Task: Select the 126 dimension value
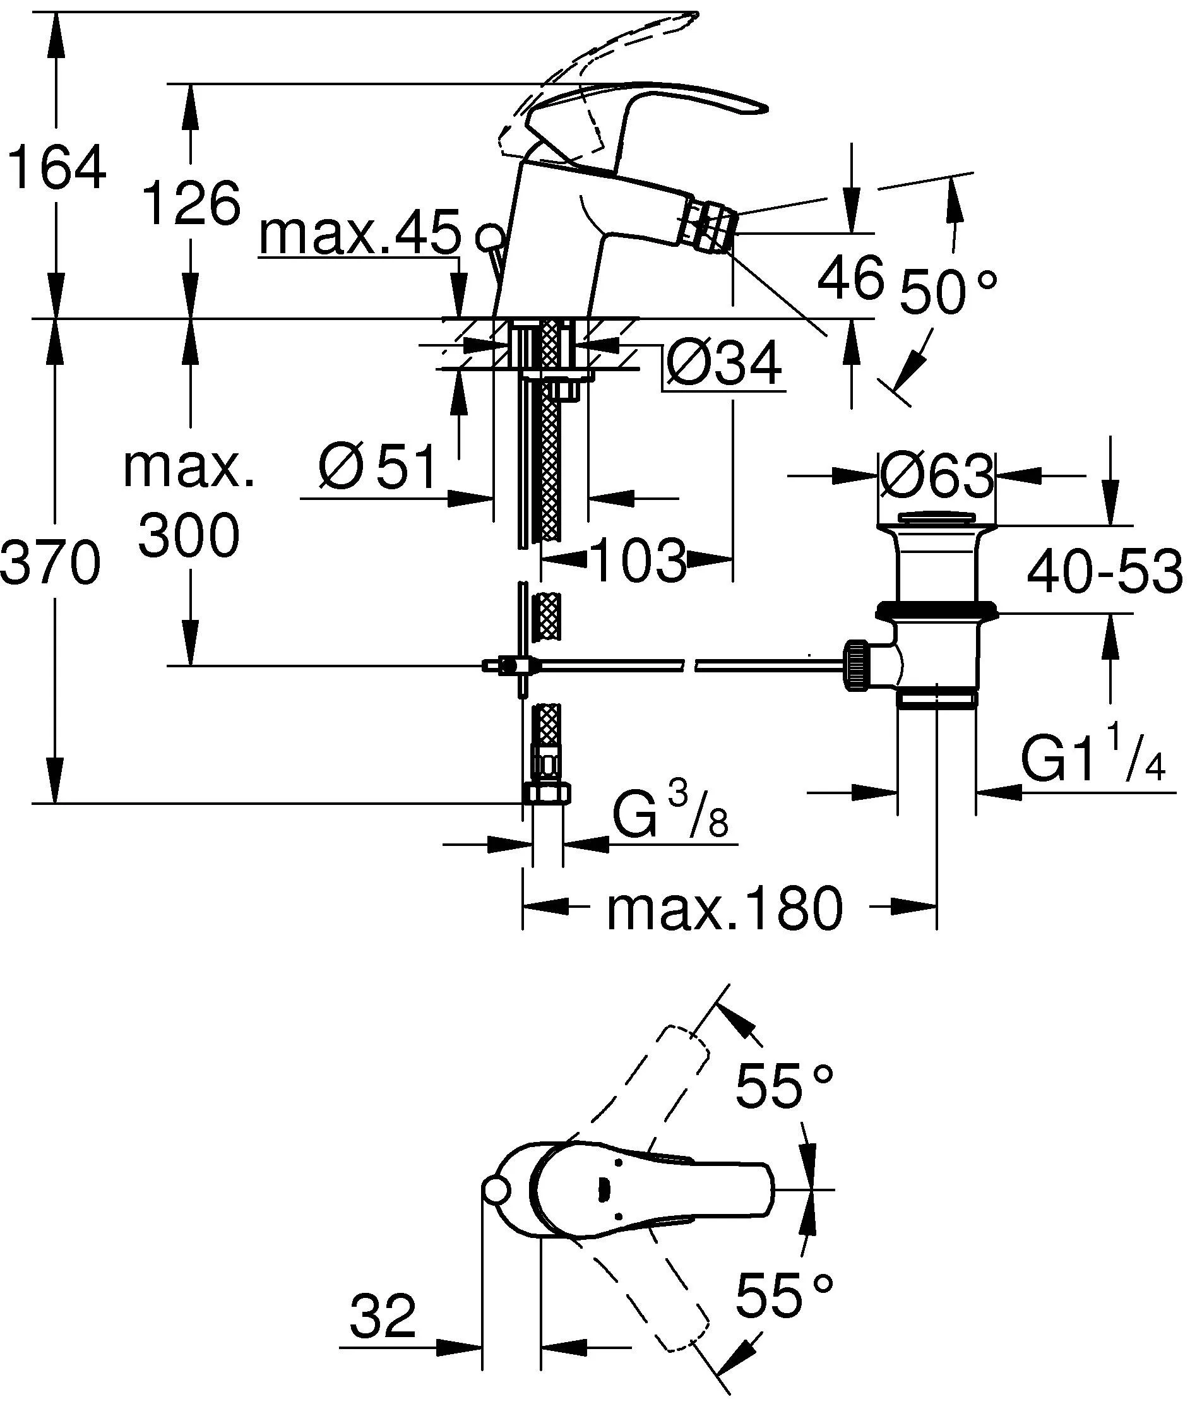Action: coord(192,203)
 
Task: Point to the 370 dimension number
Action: coord(51,563)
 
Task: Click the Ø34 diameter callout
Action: coord(723,364)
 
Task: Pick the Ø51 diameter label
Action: coord(378,468)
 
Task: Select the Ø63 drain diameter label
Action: coord(937,475)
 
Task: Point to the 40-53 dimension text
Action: coord(1104,571)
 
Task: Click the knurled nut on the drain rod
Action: coord(857,666)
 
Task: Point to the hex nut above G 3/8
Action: coord(547,792)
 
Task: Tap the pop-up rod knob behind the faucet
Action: coord(490,237)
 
